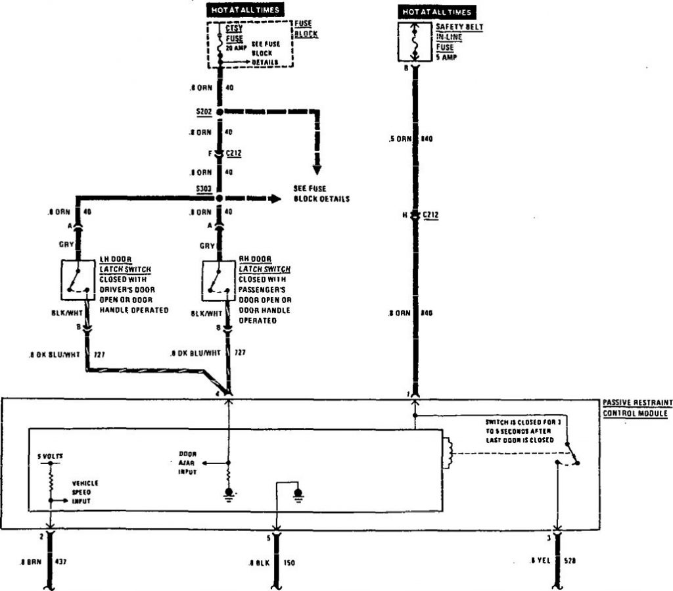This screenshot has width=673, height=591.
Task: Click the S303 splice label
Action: click(x=203, y=189)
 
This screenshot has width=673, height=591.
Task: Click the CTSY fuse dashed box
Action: click(x=250, y=44)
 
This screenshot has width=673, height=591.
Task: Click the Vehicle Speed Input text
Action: click(x=85, y=492)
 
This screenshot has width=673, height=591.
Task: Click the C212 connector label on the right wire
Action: click(x=430, y=214)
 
